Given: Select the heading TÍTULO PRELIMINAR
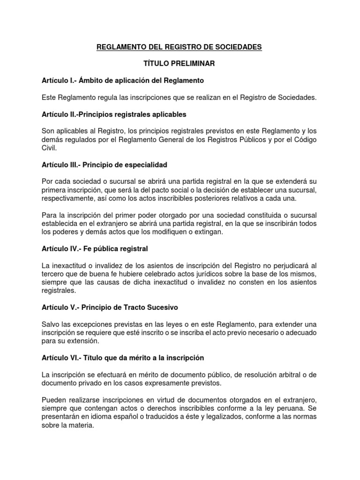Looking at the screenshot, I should coord(180,64).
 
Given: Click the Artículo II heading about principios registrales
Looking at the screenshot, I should coord(114,114).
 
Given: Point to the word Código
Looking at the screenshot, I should coord(304,140).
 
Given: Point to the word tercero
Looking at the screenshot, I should coord(55,274).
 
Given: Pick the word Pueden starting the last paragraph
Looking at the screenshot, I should coord(54,400).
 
